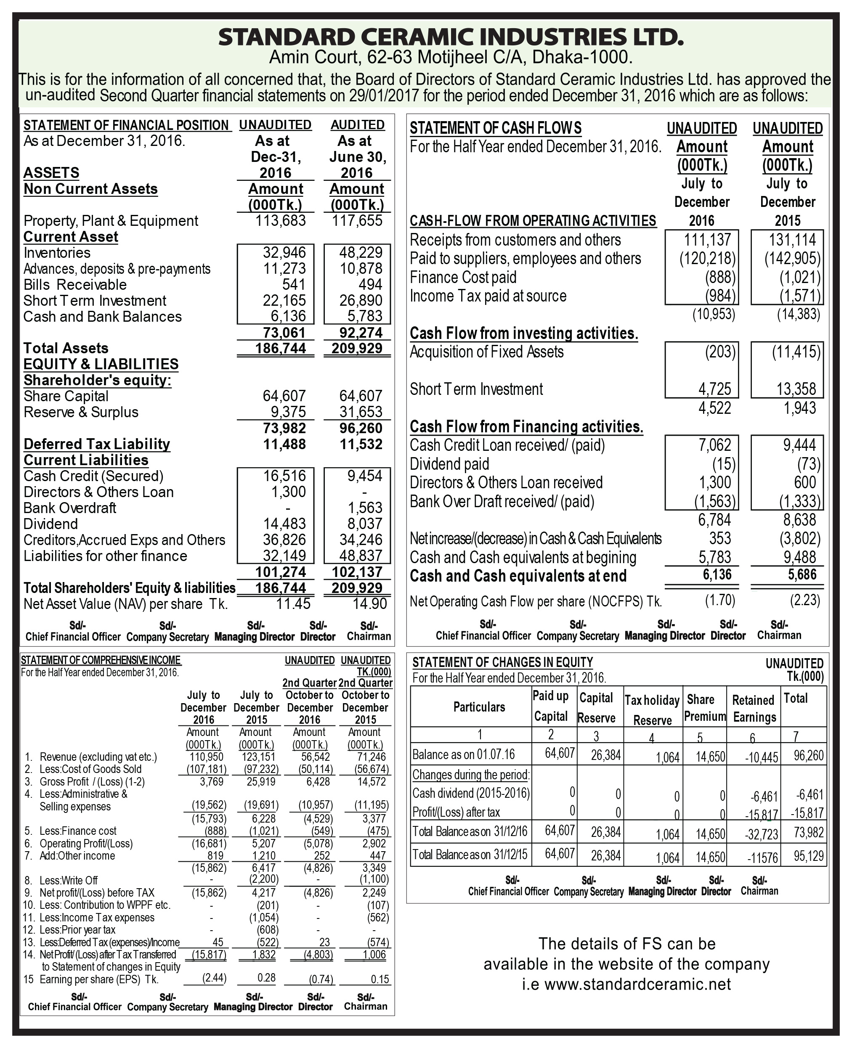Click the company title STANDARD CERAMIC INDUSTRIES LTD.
click(x=451, y=37)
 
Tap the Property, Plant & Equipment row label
click(x=111, y=221)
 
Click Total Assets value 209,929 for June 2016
click(x=357, y=348)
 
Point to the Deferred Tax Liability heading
click(x=97, y=444)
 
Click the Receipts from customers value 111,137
click(x=707, y=240)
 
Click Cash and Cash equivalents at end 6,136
click(x=717, y=574)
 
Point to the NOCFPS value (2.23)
click(x=805, y=600)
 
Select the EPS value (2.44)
click(x=215, y=978)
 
